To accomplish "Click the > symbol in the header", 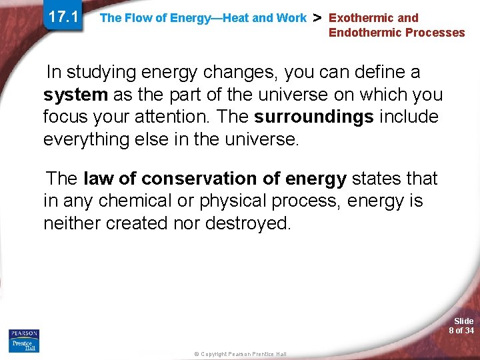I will [318, 17].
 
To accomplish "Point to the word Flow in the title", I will [137, 18].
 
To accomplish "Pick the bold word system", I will [75, 95].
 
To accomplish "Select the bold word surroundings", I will [313, 117].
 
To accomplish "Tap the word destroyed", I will [248, 223].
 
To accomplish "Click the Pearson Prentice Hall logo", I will [24, 340].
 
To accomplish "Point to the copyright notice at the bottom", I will [240, 354].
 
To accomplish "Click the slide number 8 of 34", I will [461, 326].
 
